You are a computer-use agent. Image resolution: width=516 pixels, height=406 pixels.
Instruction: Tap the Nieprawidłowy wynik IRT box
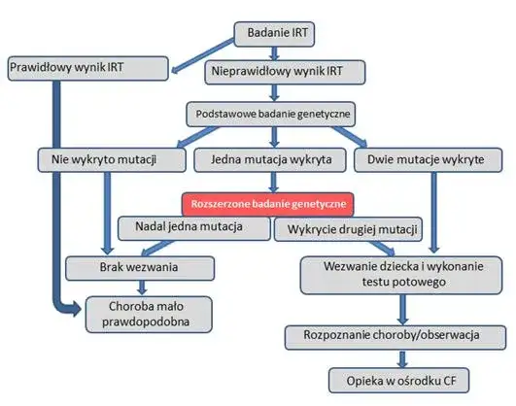[276, 71]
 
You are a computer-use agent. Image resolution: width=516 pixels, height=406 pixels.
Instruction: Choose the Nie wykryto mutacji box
[103, 157]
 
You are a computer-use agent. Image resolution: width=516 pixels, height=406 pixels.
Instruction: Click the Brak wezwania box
[141, 266]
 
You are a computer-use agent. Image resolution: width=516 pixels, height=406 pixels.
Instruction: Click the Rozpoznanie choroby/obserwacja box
[396, 336]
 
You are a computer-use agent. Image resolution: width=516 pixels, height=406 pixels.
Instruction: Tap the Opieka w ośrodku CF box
[394, 379]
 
